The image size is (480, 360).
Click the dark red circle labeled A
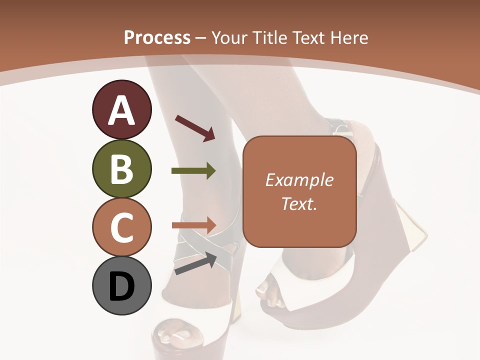(121, 109)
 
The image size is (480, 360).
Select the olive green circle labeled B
(121, 168)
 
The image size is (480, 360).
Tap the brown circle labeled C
(121, 227)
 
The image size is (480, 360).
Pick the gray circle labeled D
(121, 286)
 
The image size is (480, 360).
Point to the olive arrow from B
(193, 171)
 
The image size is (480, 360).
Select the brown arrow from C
(194, 224)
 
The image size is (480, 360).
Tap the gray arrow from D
(195, 263)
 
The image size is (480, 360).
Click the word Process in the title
(157, 37)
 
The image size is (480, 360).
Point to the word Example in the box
(299, 180)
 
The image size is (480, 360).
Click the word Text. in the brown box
(299, 203)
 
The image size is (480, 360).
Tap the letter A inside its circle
(121, 110)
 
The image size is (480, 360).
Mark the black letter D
(121, 286)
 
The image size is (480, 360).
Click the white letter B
(121, 169)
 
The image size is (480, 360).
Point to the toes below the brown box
(269, 294)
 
